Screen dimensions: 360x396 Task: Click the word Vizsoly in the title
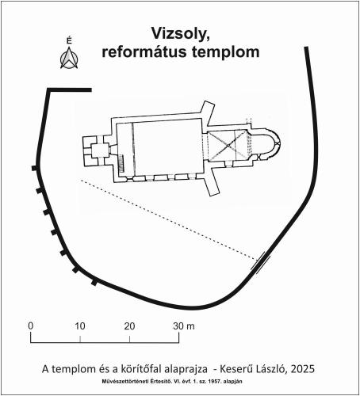coord(181,34)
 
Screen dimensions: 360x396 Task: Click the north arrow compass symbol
coord(69,58)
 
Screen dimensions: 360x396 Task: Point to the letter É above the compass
coord(69,40)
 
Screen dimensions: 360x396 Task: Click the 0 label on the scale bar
coord(31,326)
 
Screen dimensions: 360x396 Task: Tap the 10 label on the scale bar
coord(80,326)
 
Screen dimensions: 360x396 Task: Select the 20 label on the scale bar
coord(129,326)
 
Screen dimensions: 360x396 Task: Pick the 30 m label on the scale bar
coord(184,326)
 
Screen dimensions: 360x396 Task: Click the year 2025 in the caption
coord(302,369)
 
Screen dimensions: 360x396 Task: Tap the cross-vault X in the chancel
coord(228,146)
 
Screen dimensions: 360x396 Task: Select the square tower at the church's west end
coord(96,150)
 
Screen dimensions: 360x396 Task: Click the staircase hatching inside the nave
coord(121,164)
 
